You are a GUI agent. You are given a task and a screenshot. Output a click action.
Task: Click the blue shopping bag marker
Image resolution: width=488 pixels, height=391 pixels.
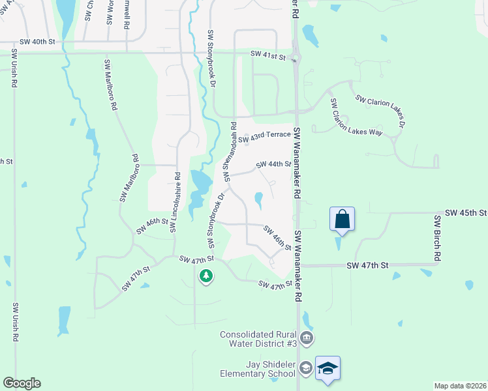(343, 220)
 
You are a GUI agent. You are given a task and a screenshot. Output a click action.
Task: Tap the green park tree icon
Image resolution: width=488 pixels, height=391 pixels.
(206, 276)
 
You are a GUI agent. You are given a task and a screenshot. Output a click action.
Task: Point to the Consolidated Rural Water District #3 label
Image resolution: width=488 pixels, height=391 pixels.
(258, 339)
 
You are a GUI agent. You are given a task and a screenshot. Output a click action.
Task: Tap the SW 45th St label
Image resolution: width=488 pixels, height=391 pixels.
(466, 213)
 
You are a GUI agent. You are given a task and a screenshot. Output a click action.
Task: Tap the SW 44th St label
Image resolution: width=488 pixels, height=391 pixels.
(273, 164)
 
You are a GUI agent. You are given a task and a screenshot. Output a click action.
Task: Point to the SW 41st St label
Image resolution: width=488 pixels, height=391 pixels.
(268, 57)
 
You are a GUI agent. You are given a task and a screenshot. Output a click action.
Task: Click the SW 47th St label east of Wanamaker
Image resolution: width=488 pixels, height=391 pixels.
(367, 265)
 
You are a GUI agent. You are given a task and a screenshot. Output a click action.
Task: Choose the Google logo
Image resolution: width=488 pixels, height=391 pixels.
(22, 383)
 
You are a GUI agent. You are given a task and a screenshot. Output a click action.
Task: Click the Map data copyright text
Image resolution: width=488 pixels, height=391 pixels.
(461, 386)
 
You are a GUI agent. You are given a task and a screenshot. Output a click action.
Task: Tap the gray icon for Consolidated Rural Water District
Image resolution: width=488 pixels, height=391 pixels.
(308, 338)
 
